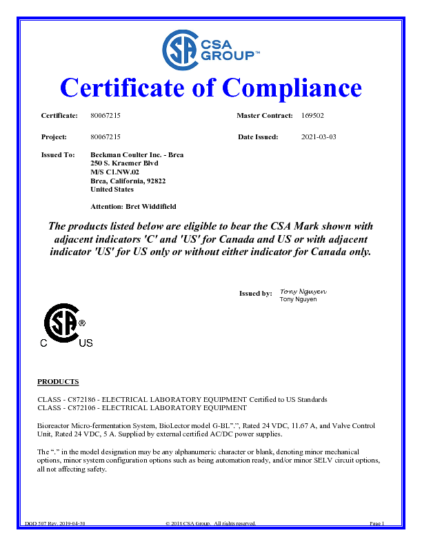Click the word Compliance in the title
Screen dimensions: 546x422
pos(292,88)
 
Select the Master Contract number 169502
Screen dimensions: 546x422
pos(313,115)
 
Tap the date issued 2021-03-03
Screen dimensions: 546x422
pos(319,137)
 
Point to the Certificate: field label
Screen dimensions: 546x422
pos(59,115)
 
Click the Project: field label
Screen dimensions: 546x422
pos(54,137)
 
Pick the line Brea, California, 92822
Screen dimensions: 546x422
pos(128,181)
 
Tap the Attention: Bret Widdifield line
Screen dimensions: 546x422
pos(134,206)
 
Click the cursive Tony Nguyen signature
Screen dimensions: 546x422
pos(303,292)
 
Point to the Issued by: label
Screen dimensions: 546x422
pos(255,294)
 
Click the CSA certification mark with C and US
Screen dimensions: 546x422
pos(65,326)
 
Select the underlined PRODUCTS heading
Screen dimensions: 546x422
pos(58,381)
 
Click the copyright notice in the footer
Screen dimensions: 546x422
pos(210,524)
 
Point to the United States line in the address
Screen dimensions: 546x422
pos(112,189)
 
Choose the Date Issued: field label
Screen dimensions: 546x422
pos(258,137)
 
